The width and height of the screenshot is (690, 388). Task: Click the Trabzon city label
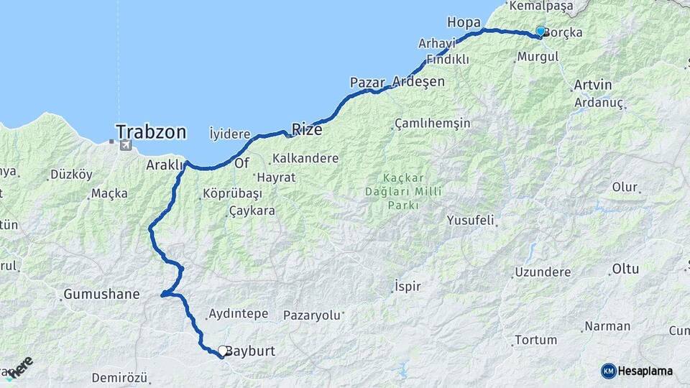[x=151, y=132]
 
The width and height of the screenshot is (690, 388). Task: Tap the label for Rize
[x=307, y=130]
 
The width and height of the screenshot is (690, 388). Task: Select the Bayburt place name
[x=250, y=352]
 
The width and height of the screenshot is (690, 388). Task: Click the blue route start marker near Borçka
[x=540, y=31]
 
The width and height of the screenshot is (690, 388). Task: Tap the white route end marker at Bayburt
[x=223, y=351]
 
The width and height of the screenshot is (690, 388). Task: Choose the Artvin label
[x=593, y=85]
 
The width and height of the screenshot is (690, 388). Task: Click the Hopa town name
[x=463, y=21]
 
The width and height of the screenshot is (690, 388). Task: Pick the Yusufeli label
[x=470, y=219]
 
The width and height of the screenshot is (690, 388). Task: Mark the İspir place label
[x=408, y=287]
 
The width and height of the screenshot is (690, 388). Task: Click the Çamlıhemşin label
[x=433, y=123]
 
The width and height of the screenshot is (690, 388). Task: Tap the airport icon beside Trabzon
[x=126, y=145]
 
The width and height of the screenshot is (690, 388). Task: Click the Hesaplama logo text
[x=645, y=371]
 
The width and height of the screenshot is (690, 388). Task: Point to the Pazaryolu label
[x=310, y=315]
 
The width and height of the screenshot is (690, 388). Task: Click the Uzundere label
[x=543, y=272]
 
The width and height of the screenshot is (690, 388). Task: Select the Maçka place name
[x=110, y=193]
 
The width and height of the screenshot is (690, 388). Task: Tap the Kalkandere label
[x=304, y=158]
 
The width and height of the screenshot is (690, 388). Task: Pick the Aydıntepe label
[x=237, y=314]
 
